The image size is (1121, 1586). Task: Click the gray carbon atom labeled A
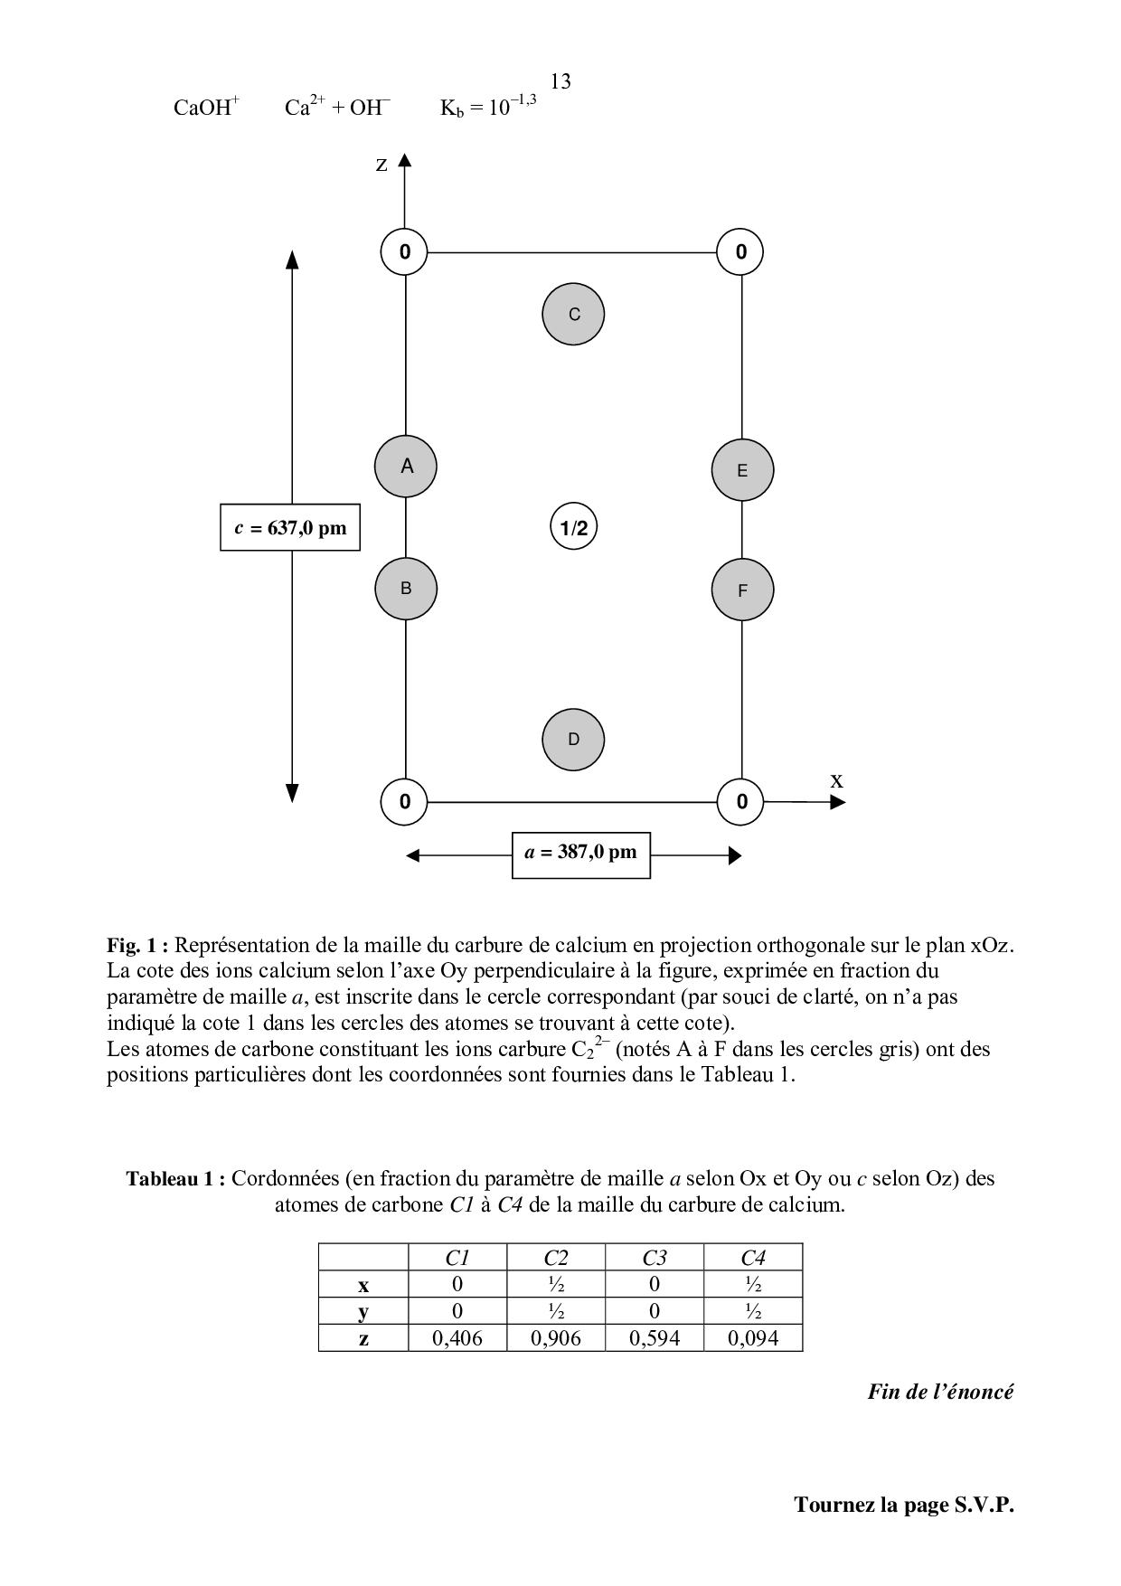[x=406, y=467]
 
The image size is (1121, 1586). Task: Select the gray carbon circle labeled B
[x=406, y=589]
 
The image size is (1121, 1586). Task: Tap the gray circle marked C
[x=573, y=315]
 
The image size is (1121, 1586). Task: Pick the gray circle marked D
[x=573, y=740]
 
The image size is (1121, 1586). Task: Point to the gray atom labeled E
[x=742, y=470]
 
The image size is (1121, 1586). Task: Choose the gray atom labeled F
[x=742, y=590]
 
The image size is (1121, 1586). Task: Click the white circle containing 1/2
[x=574, y=528]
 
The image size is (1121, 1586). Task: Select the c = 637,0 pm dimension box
[x=290, y=527]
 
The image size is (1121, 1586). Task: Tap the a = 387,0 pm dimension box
[x=580, y=853]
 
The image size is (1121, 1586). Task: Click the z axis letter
[x=382, y=165]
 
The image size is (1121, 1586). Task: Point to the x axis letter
[x=837, y=780]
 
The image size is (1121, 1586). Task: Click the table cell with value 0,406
[x=457, y=1338]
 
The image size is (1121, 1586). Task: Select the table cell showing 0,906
[x=556, y=1338]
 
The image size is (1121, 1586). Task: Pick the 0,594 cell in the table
[x=655, y=1338]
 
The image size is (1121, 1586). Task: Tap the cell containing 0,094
[x=753, y=1338]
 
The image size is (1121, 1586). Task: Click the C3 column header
[x=655, y=1258]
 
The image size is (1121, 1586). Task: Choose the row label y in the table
[x=363, y=1312]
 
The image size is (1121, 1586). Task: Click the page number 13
[x=560, y=82]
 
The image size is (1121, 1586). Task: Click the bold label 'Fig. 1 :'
[x=137, y=946]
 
